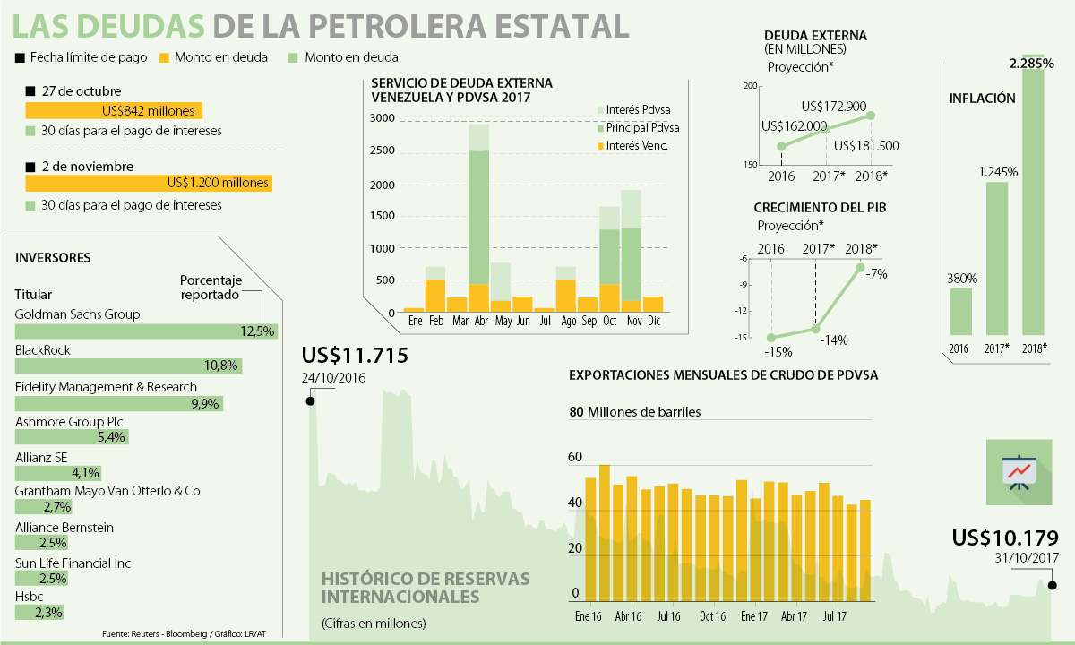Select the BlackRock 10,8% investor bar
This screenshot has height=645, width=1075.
pos(128,365)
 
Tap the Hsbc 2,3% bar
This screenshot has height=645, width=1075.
pos(39,613)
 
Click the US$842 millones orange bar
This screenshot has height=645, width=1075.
pos(114,111)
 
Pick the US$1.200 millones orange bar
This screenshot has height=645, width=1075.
pos(148,183)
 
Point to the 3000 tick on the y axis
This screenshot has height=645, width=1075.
pos(383,118)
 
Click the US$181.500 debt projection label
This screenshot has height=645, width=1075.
pos(866,146)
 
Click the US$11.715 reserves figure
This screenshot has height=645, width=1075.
pos(355,356)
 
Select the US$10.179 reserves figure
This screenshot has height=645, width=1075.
pos(1005,538)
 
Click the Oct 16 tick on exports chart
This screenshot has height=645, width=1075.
pos(713,616)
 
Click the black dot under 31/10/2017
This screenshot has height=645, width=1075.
pos(1052,586)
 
